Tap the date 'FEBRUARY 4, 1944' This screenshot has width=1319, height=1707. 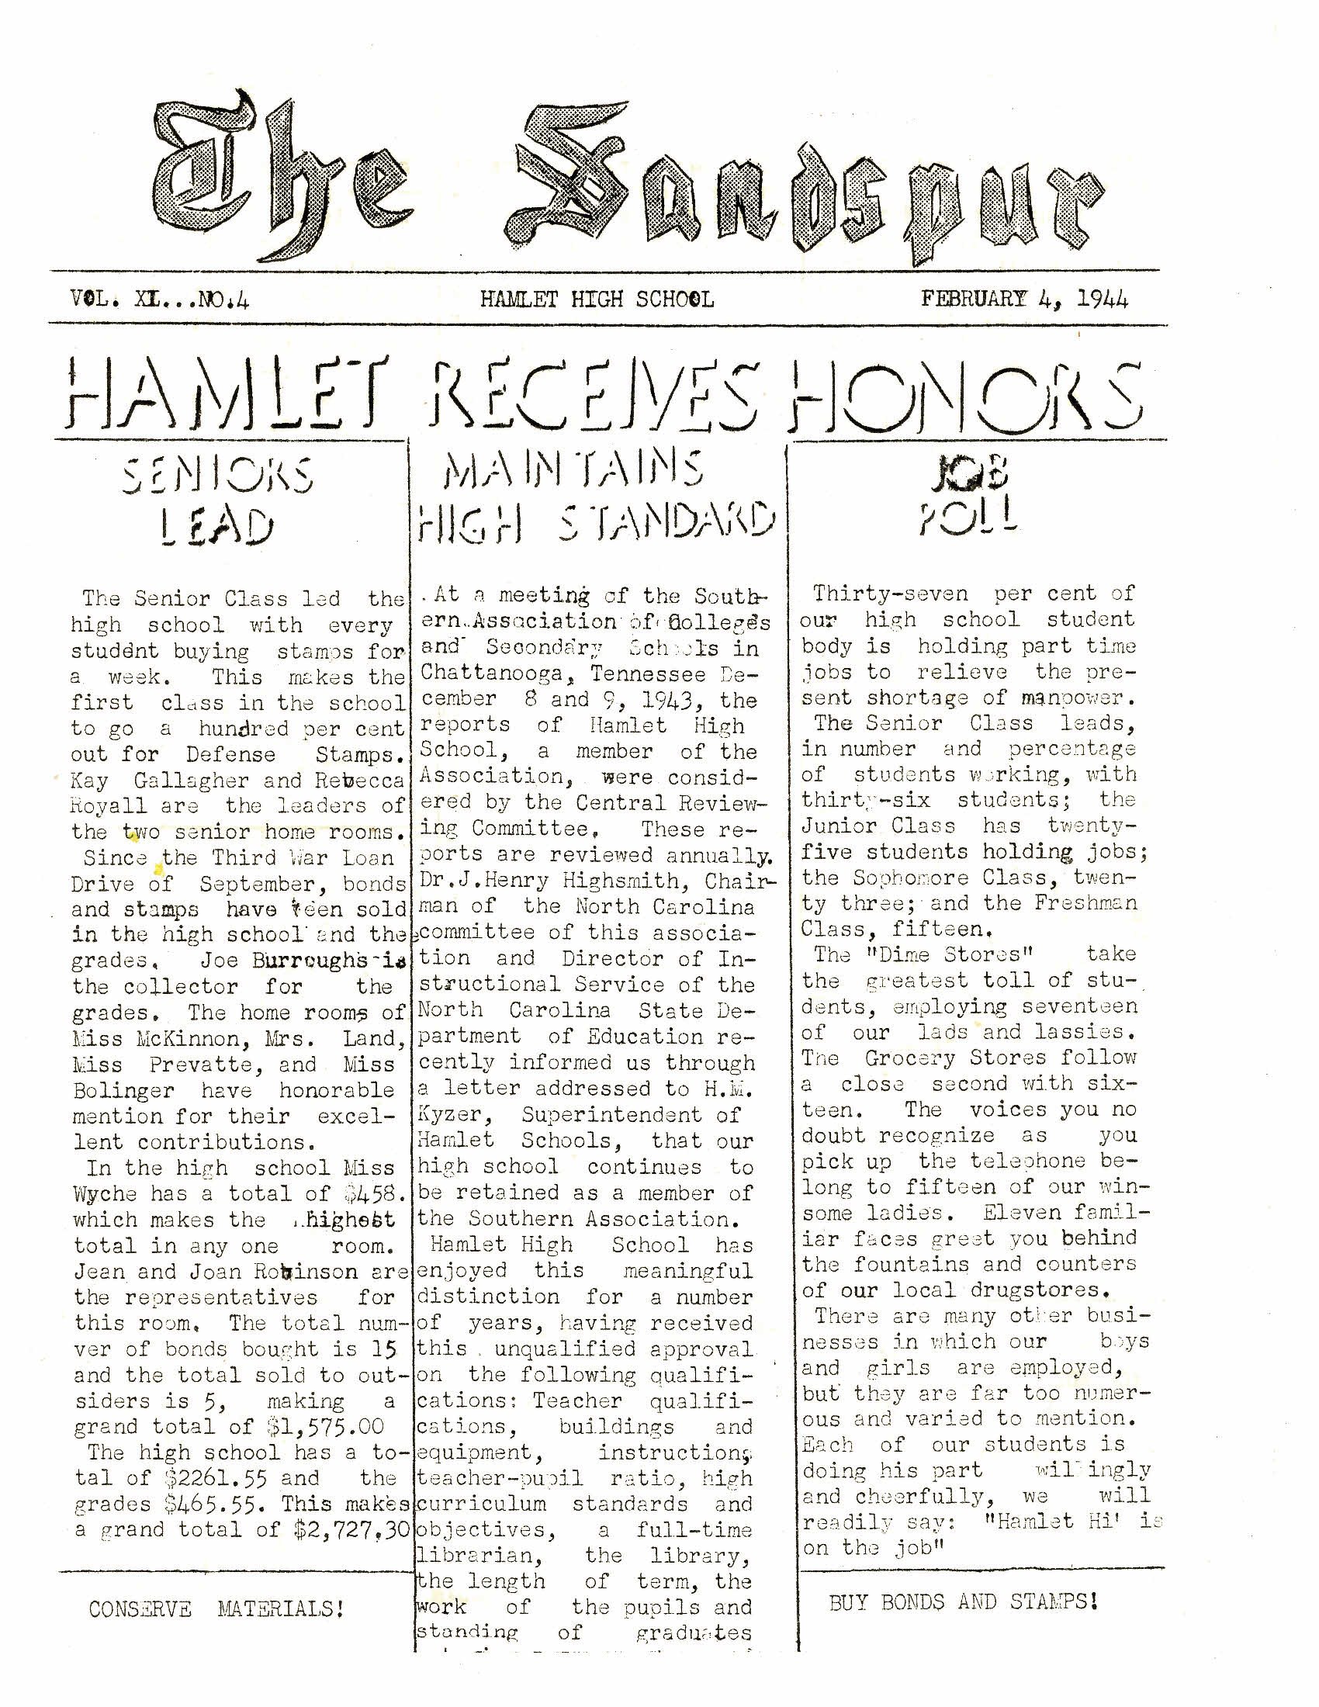1024,299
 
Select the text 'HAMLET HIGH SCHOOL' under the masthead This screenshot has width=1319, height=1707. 597,300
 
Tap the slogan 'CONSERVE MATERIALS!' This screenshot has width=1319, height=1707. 216,1609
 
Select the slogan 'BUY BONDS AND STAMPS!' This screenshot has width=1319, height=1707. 964,1601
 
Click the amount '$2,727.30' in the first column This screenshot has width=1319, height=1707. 351,1529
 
